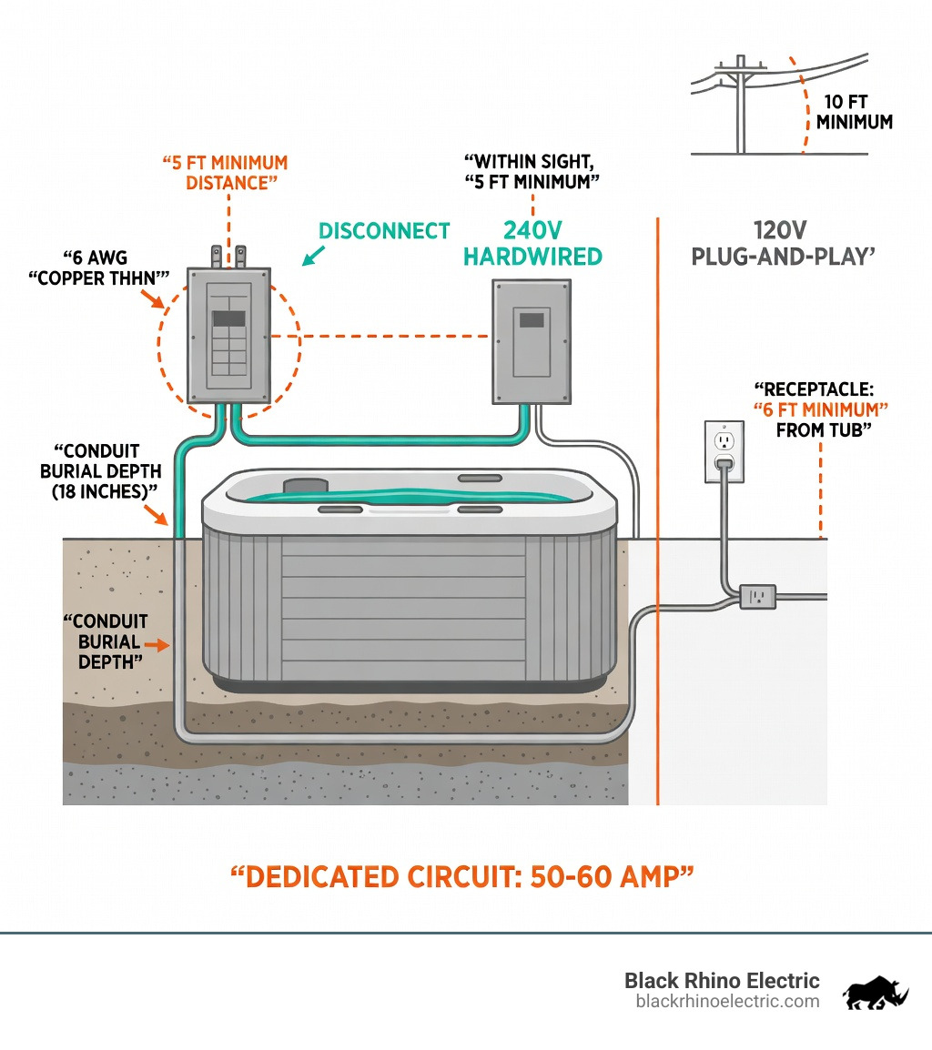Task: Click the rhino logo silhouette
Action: pos(875,993)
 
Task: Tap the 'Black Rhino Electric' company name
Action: pos(721,981)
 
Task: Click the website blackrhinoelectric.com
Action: pos(727,1001)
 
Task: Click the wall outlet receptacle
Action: pos(724,451)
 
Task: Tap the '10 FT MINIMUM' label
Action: pos(854,112)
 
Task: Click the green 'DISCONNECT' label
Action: pos(384,231)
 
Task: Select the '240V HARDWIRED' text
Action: pos(532,243)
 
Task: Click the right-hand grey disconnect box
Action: pos(532,341)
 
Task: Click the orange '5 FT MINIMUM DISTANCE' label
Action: pos(225,172)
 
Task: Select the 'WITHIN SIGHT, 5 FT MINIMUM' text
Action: pos(532,171)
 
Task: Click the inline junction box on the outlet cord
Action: pos(757,597)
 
